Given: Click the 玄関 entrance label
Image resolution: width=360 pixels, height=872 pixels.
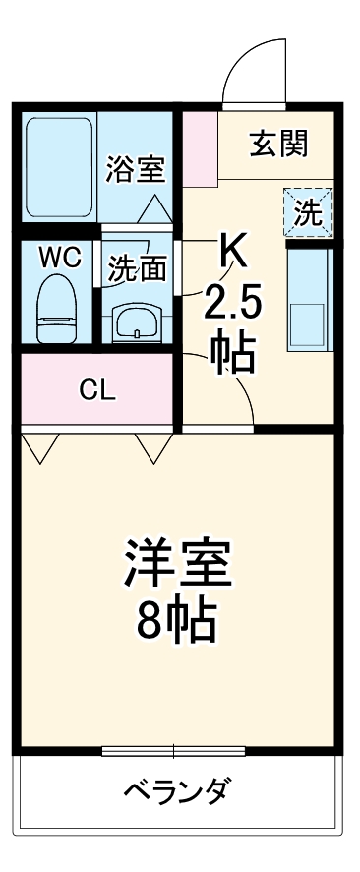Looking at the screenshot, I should click(x=278, y=145).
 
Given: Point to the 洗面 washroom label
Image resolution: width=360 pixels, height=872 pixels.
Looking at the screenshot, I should click(x=137, y=268).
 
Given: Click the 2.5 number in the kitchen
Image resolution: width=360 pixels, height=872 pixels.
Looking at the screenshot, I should click(x=233, y=304).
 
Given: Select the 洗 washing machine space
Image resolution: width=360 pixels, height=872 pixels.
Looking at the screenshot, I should click(x=308, y=211).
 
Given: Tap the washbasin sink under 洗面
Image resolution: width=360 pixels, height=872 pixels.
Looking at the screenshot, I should click(x=136, y=321).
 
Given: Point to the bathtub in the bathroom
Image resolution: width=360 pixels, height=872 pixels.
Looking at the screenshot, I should click(x=59, y=166).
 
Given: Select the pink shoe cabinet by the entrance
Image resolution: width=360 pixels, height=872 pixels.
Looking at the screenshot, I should click(x=201, y=148).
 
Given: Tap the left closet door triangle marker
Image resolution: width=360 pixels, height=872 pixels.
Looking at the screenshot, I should click(x=40, y=448).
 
